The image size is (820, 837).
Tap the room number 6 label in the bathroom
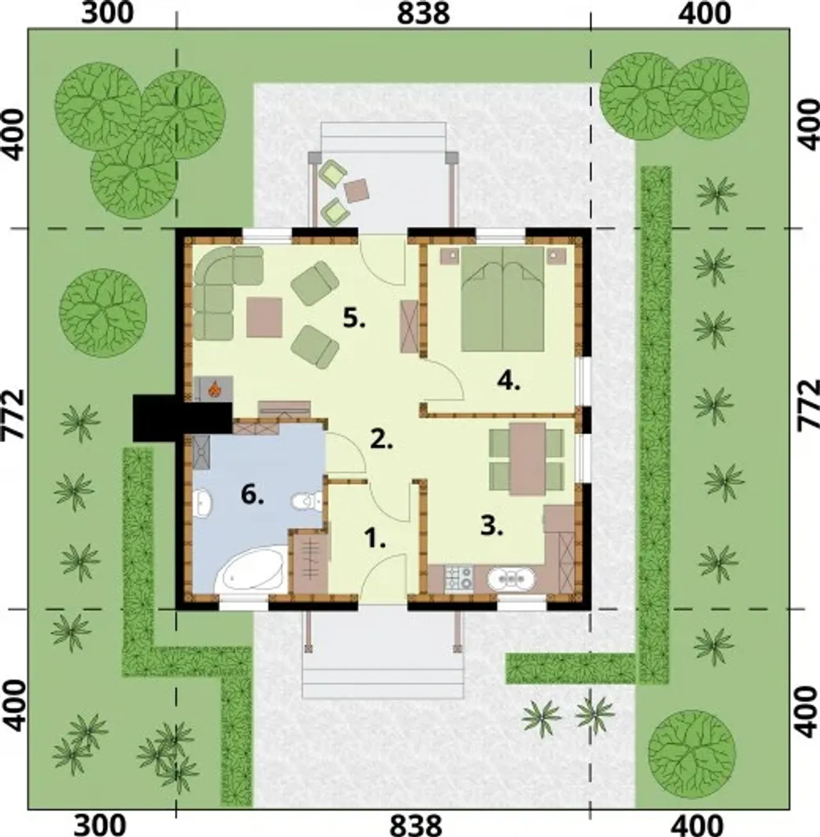tap(252, 496)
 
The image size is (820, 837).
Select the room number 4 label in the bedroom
tap(509, 382)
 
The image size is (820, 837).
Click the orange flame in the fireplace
tap(214, 389)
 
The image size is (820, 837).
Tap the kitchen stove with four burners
tap(459, 578)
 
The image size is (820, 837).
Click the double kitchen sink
tap(511, 578)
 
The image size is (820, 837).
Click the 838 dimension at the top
tap(423, 14)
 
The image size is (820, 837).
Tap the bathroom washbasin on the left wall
tap(203, 503)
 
